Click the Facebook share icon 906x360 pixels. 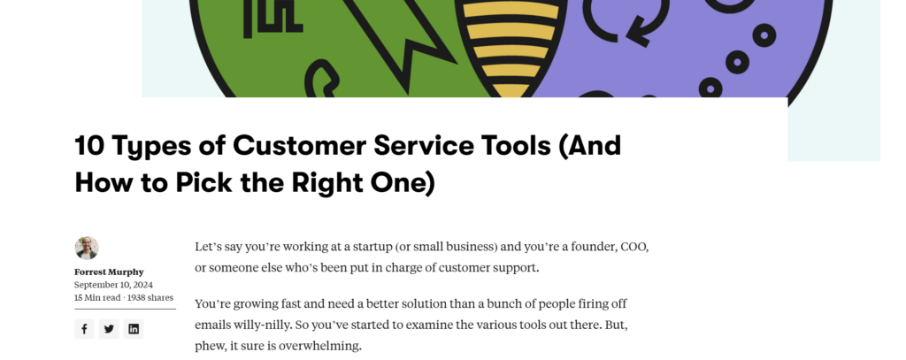(x=84, y=329)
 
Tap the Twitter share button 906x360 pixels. (x=109, y=329)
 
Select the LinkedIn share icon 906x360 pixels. (x=134, y=329)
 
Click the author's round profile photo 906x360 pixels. (x=87, y=248)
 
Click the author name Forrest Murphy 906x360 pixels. (x=109, y=272)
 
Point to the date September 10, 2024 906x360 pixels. (x=113, y=285)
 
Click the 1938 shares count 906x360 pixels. (x=150, y=297)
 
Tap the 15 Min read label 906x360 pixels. (x=97, y=297)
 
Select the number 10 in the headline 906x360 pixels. (x=89, y=145)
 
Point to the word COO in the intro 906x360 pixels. (x=634, y=248)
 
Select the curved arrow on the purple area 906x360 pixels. (x=627, y=23)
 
